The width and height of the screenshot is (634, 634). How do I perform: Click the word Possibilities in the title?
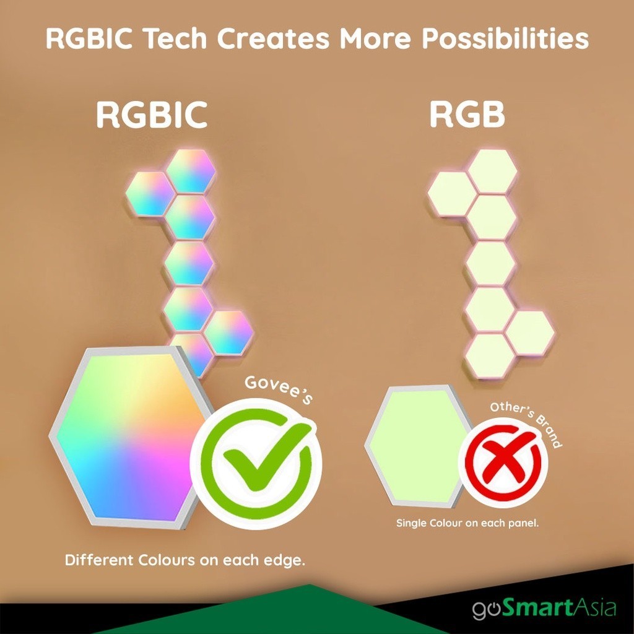(x=505, y=39)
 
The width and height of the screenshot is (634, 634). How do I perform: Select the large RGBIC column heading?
(x=152, y=115)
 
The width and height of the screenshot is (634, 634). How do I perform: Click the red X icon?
(x=503, y=462)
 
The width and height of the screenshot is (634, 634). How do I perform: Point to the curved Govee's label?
(x=279, y=389)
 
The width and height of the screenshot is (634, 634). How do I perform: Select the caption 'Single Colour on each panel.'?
(x=467, y=523)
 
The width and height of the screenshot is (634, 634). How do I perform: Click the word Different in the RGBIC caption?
(x=99, y=560)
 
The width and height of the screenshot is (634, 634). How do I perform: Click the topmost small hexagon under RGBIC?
(x=191, y=171)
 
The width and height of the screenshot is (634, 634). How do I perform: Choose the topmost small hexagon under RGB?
(x=493, y=171)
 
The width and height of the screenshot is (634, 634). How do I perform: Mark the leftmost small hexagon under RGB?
(x=451, y=193)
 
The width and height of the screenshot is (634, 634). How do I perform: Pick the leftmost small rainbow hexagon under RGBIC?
(x=150, y=193)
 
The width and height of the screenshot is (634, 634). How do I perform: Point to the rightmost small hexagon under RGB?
(x=530, y=332)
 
